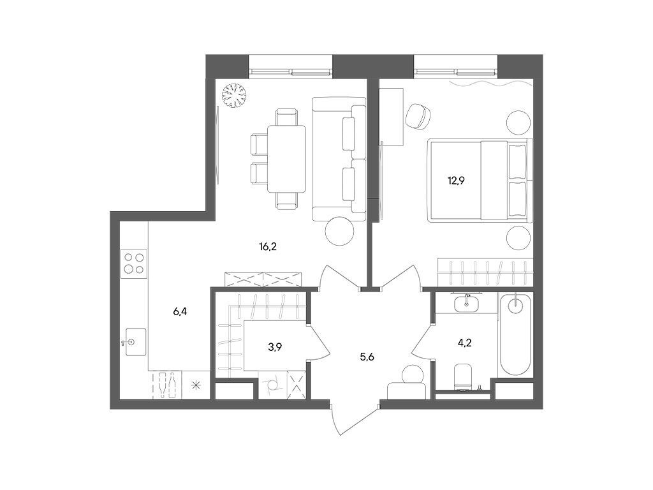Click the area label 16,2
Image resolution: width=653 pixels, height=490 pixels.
point(268,247)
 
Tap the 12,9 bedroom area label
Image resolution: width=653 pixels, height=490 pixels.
point(456,181)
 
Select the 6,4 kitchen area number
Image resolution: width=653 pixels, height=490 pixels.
point(180,311)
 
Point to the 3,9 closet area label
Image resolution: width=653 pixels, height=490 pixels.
point(275,346)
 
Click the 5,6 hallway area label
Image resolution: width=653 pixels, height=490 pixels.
point(367,356)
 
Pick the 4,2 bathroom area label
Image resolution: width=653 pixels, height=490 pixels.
point(464,343)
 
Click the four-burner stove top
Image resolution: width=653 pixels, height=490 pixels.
point(134,264)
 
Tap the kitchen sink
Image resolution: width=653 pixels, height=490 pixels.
point(136,342)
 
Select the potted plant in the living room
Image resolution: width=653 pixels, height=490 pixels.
point(233,96)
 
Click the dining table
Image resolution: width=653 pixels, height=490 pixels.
point(286,159)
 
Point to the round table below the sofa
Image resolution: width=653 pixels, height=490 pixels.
point(339,231)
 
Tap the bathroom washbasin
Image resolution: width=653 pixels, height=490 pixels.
point(466,303)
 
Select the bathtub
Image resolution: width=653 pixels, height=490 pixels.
point(515,335)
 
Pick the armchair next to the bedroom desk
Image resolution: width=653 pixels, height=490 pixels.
point(418,116)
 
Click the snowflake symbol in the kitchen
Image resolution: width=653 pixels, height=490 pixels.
point(195,385)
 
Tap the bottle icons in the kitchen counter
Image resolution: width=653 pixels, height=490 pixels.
point(168,385)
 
